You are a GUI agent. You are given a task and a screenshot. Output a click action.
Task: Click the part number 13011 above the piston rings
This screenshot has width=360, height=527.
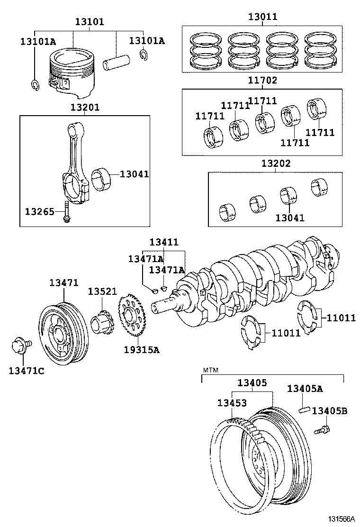pyautogui.click(x=262, y=17)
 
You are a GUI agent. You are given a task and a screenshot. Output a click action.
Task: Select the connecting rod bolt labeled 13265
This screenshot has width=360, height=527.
pyautogui.click(x=67, y=211)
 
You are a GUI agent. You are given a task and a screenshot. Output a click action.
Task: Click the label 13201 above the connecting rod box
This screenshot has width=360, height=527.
pyautogui.click(x=85, y=108)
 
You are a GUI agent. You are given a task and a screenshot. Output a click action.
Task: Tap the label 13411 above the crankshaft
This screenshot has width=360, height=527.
pyautogui.click(x=164, y=242)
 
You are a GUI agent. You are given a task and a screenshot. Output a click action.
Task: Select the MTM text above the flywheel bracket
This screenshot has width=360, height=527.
pyautogui.click(x=211, y=370)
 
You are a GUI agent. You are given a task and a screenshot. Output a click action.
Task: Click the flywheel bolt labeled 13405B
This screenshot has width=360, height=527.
pyautogui.click(x=321, y=429)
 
